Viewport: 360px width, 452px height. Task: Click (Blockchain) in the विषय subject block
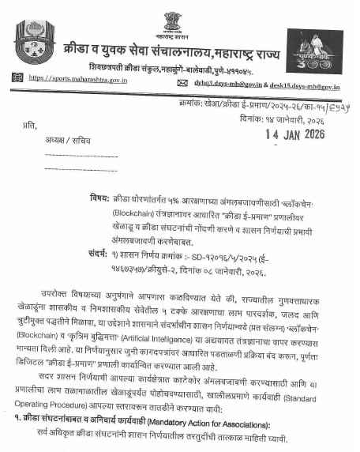113,212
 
